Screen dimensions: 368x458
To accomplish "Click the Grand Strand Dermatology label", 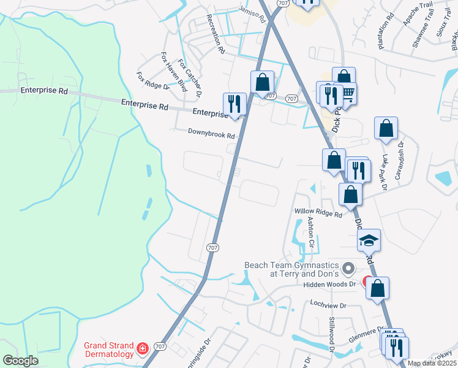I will click(109, 350).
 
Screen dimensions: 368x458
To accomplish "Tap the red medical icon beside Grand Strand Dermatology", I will click(142, 348).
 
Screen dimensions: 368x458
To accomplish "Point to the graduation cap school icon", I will click(369, 240).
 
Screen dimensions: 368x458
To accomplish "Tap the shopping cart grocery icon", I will click(347, 94).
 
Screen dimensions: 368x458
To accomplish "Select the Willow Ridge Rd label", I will click(318, 213).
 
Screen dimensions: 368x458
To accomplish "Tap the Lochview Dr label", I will click(328, 304).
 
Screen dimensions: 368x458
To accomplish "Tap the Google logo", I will click(20, 361).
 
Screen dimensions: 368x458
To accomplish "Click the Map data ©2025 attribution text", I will click(431, 363).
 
